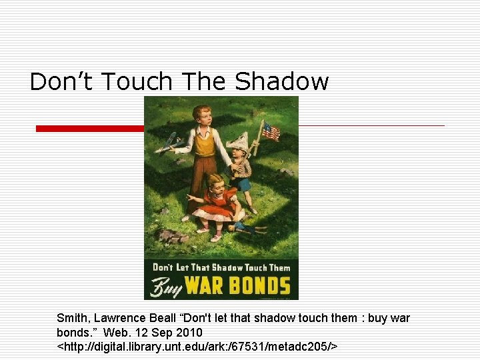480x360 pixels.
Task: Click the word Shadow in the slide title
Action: point(282,82)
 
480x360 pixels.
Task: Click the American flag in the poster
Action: point(270,131)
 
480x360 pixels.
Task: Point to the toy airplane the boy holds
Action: point(169,142)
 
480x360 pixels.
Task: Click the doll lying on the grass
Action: point(244,229)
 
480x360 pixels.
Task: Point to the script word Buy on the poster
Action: point(165,287)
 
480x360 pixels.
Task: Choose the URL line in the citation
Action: point(197,346)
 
